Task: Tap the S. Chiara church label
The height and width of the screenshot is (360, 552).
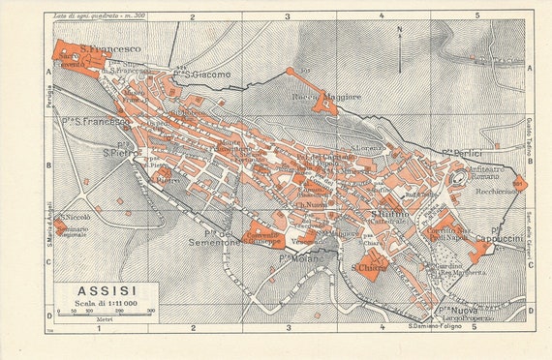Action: coord(368,267)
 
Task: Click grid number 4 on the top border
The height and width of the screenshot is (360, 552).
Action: coord(381,16)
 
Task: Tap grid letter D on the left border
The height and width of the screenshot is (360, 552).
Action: coord(48,315)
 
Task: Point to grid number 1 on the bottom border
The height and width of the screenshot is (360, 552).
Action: coord(98,328)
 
